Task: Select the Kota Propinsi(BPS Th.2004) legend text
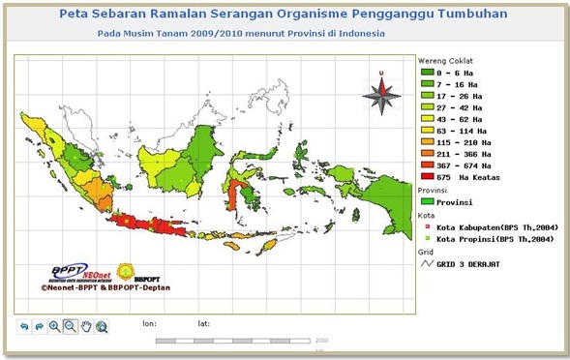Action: pyautogui.click(x=495, y=238)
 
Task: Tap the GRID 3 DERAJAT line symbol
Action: pyautogui.click(x=426, y=263)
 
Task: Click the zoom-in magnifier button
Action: pyautogui.click(x=54, y=327)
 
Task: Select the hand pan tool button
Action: pyautogui.click(x=86, y=327)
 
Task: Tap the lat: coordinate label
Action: pyautogui.click(x=203, y=323)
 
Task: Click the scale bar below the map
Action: pyautogui.click(x=241, y=341)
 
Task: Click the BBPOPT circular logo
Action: pyautogui.click(x=126, y=272)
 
